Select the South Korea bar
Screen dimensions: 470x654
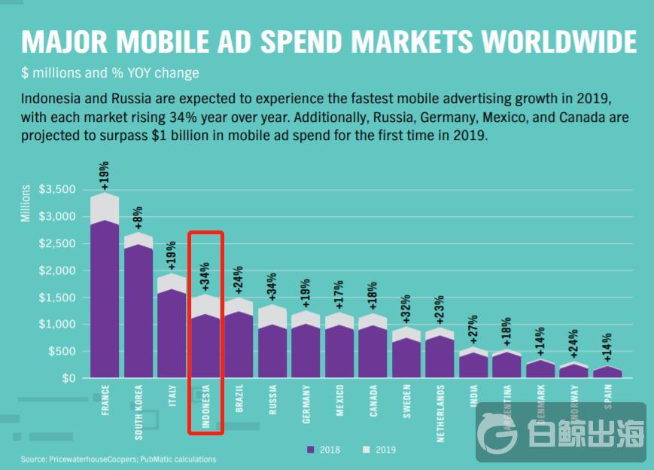tap(138, 309)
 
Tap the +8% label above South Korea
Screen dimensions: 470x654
tap(138, 218)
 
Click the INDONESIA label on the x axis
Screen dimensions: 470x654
tap(205, 407)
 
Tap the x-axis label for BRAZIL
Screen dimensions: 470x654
tap(239, 398)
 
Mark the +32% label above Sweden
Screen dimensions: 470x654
tap(406, 311)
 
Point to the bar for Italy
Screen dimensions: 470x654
tap(172, 331)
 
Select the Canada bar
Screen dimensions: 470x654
tap(373, 350)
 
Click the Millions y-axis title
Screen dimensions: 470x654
tap(26, 203)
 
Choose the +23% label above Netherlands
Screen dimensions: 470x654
tap(440, 313)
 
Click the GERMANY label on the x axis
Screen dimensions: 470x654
tap(306, 403)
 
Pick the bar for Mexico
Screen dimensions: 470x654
tap(339, 350)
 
